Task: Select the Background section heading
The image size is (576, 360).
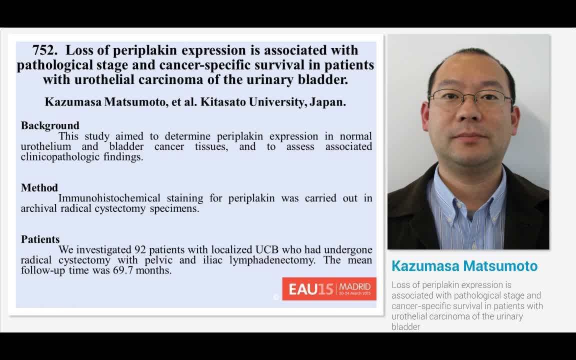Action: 50,125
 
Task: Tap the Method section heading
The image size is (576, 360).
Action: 39,188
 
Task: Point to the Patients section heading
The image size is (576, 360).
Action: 40,239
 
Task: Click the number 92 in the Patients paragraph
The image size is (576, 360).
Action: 140,249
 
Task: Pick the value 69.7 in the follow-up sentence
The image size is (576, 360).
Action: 124,270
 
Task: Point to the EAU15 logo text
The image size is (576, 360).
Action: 310,289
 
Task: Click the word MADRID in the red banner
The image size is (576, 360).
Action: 355,287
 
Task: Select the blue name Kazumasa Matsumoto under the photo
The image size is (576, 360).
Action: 464,266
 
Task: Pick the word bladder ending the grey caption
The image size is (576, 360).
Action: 405,327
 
